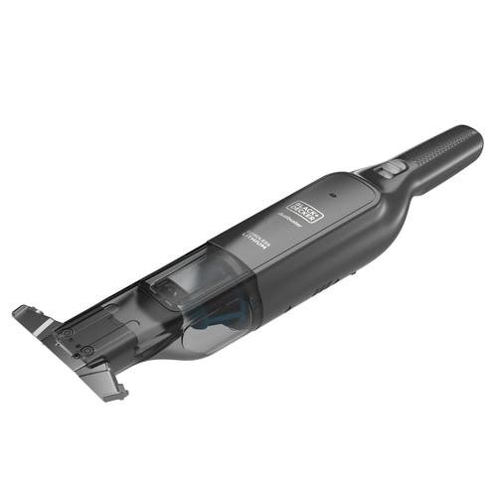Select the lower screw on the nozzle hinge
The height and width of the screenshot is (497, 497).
click(86, 351)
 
